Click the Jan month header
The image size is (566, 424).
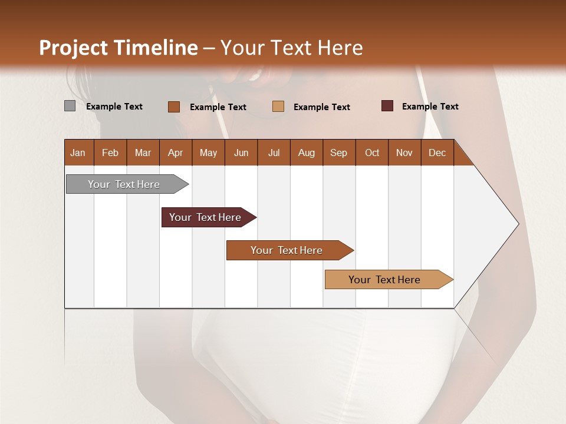click(78, 153)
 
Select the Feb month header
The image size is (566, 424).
click(110, 153)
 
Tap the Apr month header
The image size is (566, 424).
click(175, 153)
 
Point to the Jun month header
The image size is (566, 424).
click(241, 153)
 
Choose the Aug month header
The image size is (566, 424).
click(306, 153)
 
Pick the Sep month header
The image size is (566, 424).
click(338, 153)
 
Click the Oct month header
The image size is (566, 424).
click(372, 153)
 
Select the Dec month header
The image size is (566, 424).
click(437, 153)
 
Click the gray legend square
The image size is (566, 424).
click(70, 106)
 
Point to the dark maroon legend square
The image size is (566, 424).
click(387, 106)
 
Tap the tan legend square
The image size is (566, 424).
click(278, 107)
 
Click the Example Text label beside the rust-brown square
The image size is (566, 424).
click(218, 107)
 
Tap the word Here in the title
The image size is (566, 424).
click(340, 48)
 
